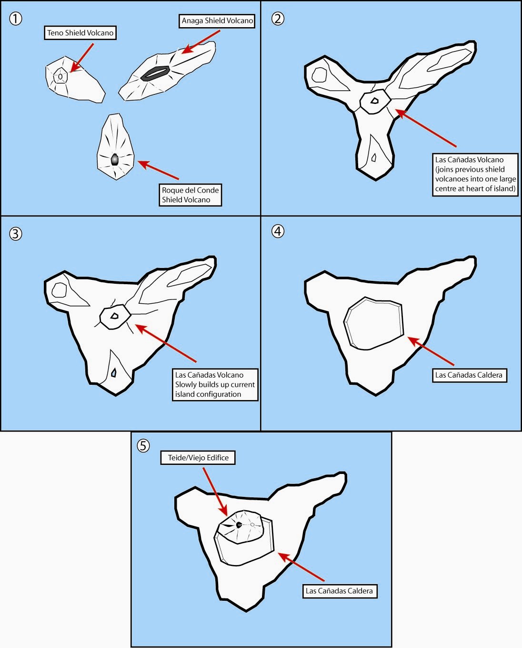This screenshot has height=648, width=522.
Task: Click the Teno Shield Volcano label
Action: click(x=80, y=33)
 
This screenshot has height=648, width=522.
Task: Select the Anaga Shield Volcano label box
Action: click(x=218, y=21)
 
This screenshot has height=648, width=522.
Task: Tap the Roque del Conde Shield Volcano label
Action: click(x=190, y=195)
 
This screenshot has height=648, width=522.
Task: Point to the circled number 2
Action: click(x=278, y=19)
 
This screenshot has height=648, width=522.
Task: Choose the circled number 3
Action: click(x=16, y=234)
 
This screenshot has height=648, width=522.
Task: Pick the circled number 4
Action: click(x=278, y=231)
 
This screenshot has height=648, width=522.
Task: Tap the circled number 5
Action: click(x=143, y=445)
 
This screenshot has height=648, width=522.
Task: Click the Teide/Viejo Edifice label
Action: click(x=198, y=458)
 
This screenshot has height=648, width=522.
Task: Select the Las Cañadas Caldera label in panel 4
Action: click(x=469, y=375)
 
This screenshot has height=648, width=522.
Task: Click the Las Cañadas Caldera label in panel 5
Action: click(x=339, y=591)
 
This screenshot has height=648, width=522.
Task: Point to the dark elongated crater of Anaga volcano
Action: click(x=156, y=72)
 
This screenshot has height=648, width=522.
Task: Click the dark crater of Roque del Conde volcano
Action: click(x=115, y=160)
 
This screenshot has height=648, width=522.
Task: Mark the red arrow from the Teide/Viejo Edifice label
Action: click(x=216, y=492)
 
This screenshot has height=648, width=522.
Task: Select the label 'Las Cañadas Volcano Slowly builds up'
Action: click(x=215, y=384)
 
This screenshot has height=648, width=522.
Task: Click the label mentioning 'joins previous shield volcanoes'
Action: click(x=475, y=174)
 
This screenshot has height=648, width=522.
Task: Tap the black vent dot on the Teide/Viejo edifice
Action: click(x=239, y=525)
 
